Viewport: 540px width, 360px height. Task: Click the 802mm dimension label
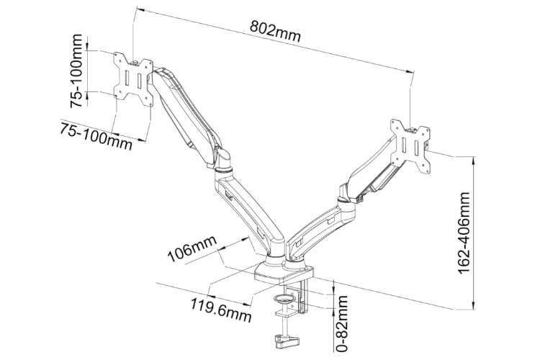coord(275,32)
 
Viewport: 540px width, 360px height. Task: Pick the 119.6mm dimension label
coord(221,307)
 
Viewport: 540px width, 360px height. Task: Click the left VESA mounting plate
coord(134,78)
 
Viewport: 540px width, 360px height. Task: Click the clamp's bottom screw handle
coord(282,339)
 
